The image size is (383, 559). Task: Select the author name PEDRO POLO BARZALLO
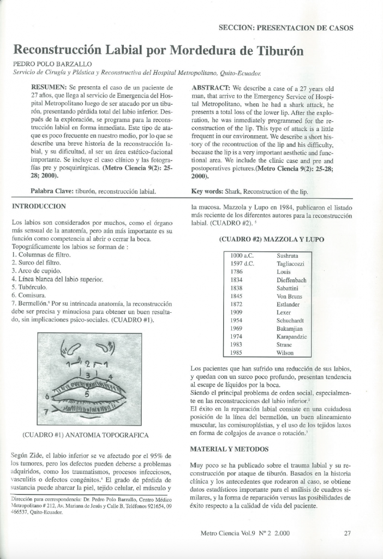(48, 64)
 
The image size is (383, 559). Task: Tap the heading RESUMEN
(49, 87)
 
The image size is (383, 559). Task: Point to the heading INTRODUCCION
(39, 206)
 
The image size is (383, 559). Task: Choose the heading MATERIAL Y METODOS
(229, 449)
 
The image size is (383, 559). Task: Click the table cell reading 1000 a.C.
(243, 255)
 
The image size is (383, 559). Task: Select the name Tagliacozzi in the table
(290, 264)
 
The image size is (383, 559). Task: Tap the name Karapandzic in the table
(292, 337)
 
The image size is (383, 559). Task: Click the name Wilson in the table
(285, 353)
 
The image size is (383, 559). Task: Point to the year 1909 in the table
(237, 312)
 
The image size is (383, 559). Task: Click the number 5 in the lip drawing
(87, 393)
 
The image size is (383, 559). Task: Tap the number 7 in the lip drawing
(46, 409)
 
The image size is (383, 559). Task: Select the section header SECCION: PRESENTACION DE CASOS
(285, 28)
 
